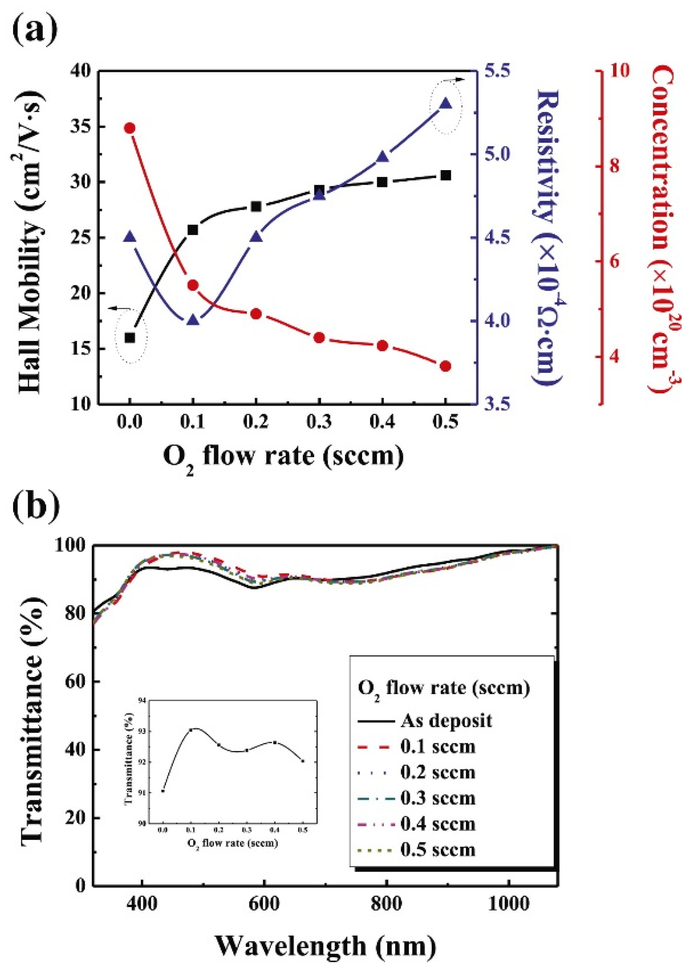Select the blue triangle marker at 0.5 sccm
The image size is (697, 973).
point(445,104)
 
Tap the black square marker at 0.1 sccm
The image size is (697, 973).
point(193,230)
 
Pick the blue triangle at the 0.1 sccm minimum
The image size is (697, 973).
point(193,320)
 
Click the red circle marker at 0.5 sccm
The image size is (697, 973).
point(445,366)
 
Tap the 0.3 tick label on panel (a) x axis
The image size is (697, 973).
point(319,422)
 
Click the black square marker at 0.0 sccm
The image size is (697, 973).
point(130,338)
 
